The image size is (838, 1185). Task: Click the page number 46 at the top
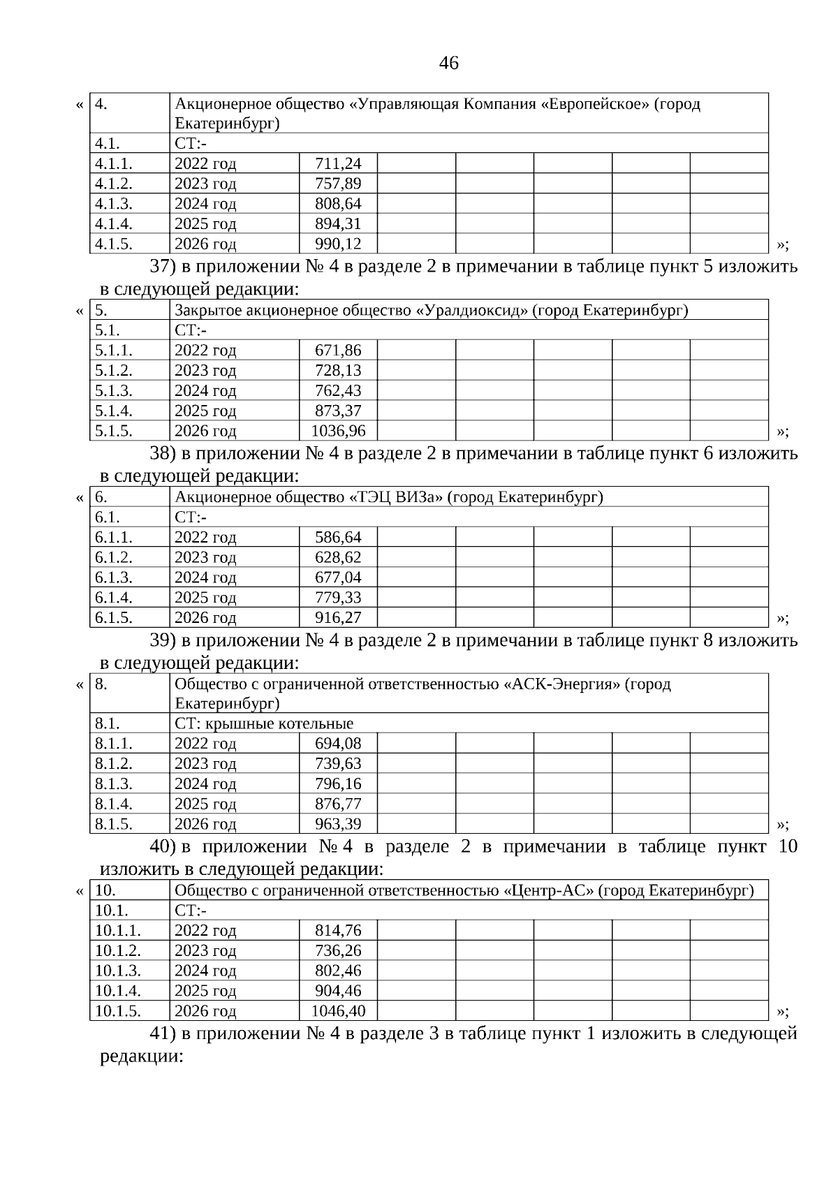pos(449,64)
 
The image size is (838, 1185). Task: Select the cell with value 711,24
pos(338,164)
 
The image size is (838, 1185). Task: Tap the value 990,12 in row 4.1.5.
pos(338,244)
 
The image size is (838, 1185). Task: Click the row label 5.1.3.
pos(113,390)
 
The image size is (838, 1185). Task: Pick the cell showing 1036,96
pos(338,431)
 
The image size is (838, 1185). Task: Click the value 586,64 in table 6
pos(338,538)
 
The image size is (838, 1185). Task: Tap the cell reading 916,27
pos(338,618)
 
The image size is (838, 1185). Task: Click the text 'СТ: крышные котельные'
pos(264,723)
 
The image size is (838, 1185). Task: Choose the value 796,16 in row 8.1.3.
pos(338,783)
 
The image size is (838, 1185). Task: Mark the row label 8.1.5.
pos(113,824)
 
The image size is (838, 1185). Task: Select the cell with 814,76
pos(338,931)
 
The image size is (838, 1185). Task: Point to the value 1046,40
pos(338,1011)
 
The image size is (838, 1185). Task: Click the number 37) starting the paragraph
pos(163,267)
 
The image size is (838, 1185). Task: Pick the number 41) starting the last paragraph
pos(163,1033)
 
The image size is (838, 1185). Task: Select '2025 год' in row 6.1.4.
pos(205,598)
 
